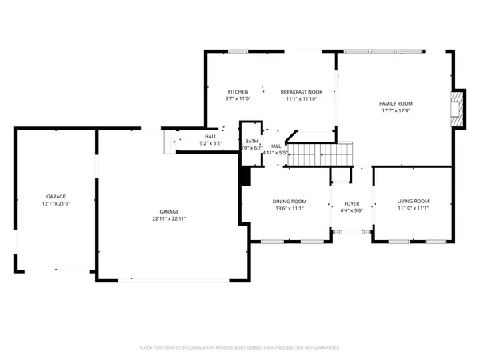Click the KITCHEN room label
pos(238,92)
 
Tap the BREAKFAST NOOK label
pos(302,92)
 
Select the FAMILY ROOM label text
pos(395,104)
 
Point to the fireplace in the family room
pos(457,108)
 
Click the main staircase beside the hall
pos(320,152)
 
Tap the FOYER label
pos(352,204)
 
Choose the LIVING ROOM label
pos(413,201)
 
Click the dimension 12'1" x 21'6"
pos(55,203)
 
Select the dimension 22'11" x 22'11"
pos(168,218)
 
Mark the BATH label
pos(252,141)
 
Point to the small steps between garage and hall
pos(169,142)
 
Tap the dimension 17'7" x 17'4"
pos(395,110)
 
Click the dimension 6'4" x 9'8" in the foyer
pos(352,210)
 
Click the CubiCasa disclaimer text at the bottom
pos(240,348)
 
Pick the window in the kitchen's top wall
pos(238,52)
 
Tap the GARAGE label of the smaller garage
pos(55,197)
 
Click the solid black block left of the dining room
pos(246,176)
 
